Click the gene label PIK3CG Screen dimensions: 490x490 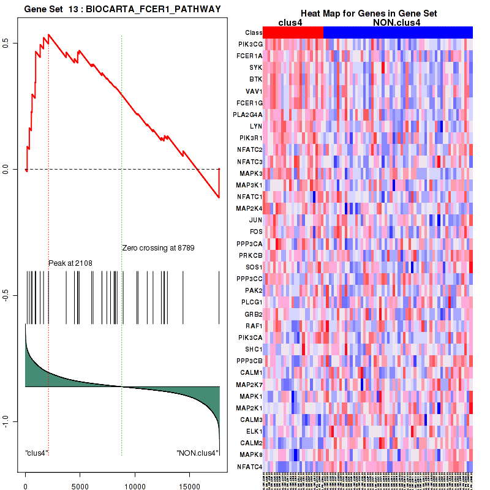click(x=251, y=44)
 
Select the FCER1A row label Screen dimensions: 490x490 click(x=251, y=56)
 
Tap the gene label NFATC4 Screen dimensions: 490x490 click(x=251, y=467)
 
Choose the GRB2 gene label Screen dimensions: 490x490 click(x=254, y=314)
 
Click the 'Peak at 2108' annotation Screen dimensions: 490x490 click(x=70, y=263)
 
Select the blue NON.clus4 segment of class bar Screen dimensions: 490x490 click(x=398, y=32)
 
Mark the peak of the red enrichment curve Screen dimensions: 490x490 click(x=48, y=34)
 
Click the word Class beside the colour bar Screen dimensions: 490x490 click(x=253, y=32)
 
